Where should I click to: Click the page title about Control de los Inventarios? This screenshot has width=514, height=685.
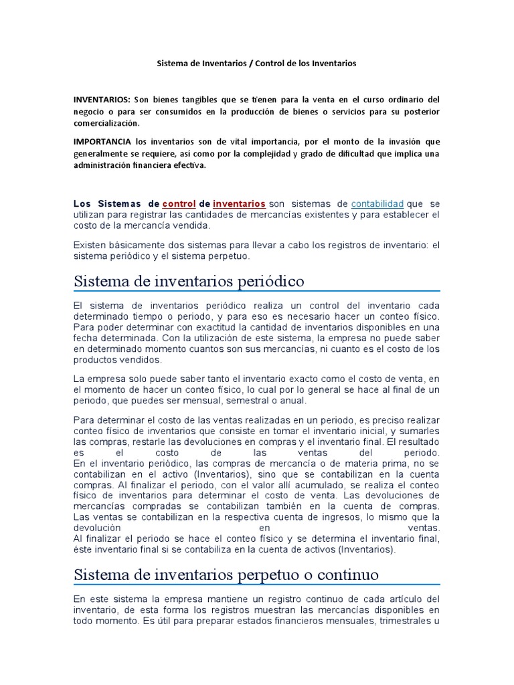pos(256,64)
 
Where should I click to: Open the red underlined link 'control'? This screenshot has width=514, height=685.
pos(179,203)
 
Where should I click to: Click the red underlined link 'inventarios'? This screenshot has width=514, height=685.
pos(239,203)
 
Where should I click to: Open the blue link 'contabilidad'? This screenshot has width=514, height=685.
pos(377,203)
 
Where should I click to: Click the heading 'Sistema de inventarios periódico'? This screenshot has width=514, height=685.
pos(189,281)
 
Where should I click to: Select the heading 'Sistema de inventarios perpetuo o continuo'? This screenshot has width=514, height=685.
pos(226,575)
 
